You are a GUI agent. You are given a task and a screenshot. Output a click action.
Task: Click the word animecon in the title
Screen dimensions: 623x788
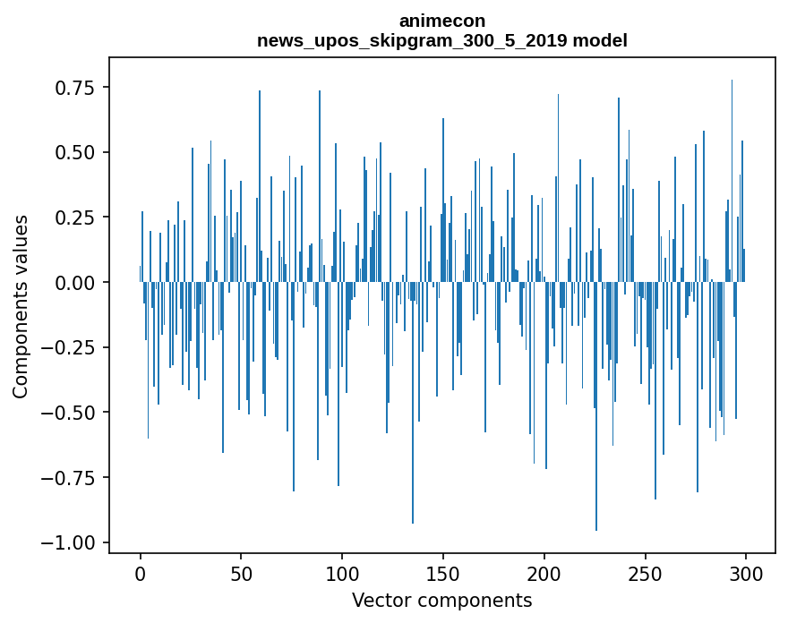(442, 21)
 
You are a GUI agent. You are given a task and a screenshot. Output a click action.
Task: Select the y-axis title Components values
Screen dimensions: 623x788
(21, 306)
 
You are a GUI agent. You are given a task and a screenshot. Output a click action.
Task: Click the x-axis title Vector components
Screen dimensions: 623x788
(442, 601)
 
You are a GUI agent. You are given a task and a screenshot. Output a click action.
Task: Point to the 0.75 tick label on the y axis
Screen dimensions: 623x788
(75, 88)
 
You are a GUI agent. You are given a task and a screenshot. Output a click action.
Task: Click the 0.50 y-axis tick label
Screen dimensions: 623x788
(75, 152)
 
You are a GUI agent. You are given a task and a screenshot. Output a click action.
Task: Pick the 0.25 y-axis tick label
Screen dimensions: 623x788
(75, 218)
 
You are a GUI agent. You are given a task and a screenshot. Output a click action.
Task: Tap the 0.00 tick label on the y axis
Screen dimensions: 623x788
(75, 283)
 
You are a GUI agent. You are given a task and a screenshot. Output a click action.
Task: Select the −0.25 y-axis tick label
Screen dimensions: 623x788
(69, 347)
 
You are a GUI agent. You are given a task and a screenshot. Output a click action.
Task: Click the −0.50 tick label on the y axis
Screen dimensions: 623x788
(69, 413)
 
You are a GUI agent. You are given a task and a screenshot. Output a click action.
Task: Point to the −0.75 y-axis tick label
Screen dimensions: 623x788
(69, 478)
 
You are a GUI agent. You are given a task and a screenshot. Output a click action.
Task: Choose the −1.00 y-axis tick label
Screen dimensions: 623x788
(69, 543)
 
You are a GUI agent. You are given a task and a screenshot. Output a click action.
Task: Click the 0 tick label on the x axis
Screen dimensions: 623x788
(141, 575)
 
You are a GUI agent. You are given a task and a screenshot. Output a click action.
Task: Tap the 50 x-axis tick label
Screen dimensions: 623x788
(241, 575)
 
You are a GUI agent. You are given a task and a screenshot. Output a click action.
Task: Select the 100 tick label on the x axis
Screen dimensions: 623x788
(342, 575)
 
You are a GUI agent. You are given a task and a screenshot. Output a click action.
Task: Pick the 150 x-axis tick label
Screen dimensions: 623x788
(442, 575)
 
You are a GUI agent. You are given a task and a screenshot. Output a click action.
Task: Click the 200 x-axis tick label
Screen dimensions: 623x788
(544, 575)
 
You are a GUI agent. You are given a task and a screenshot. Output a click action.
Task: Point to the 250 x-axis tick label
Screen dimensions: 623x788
(645, 575)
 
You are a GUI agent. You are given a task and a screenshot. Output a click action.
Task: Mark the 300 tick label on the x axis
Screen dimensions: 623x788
(746, 575)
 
